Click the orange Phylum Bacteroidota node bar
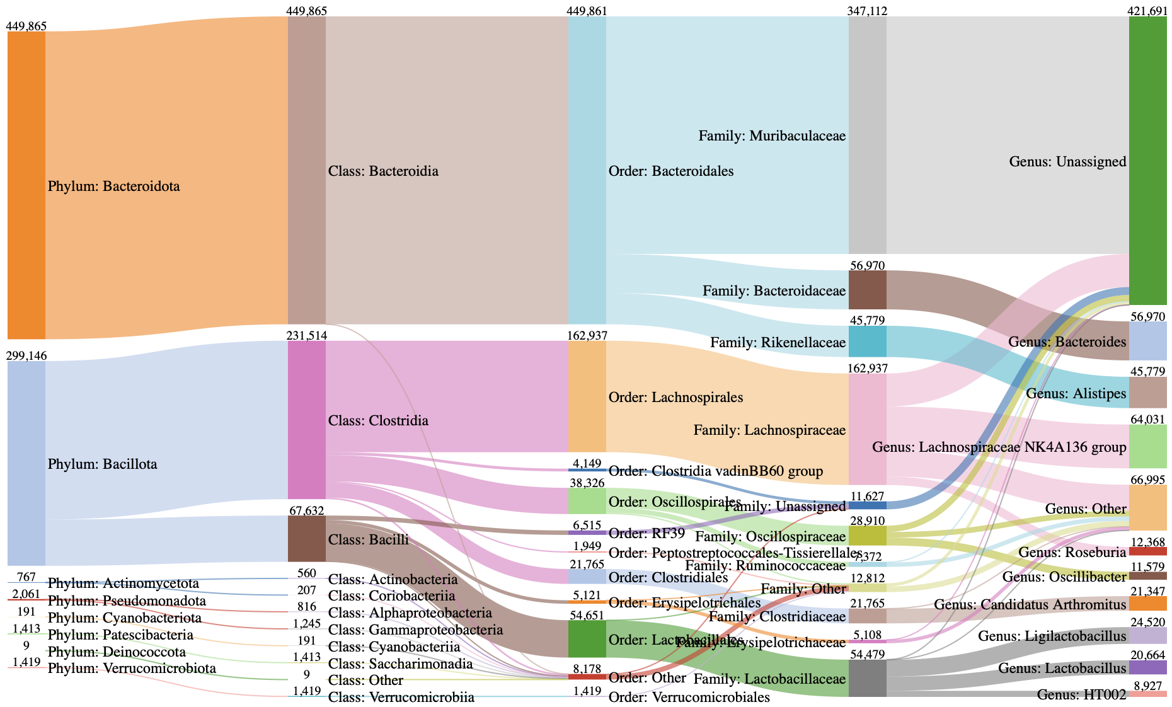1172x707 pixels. [x=26, y=185]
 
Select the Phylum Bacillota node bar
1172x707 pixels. [x=26, y=463]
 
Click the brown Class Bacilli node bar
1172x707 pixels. [x=306, y=539]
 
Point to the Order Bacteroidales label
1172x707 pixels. [x=671, y=171]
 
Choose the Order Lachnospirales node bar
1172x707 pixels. [x=587, y=396]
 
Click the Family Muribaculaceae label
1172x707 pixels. [x=772, y=136]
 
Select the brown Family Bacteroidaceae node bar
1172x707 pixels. [x=867, y=290]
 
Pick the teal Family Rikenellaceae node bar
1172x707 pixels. [x=867, y=342]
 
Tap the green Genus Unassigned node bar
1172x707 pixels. [x=1147, y=161]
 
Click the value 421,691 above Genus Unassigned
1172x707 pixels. [x=1147, y=11]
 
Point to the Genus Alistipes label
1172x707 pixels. [x=1076, y=394]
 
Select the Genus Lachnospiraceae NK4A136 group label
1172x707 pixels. [x=999, y=447]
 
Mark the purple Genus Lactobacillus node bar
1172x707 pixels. [x=1147, y=667]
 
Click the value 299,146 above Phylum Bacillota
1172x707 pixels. [x=25, y=355]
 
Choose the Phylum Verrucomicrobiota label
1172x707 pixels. [x=132, y=669]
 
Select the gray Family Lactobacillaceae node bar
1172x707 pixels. [x=867, y=679]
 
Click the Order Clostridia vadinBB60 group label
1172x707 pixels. [x=716, y=471]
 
